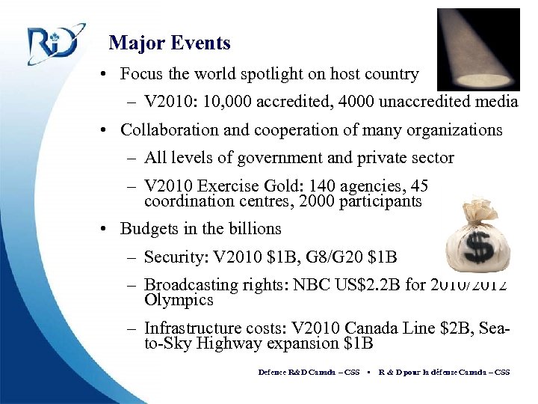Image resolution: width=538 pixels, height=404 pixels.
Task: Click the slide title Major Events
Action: click(x=170, y=43)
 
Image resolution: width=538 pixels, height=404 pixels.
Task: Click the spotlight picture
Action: click(x=477, y=49)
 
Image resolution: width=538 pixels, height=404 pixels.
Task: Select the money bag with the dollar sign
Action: click(x=477, y=235)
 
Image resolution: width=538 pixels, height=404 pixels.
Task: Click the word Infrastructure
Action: click(x=190, y=328)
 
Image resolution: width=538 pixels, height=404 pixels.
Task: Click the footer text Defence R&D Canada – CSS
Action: click(x=309, y=372)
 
